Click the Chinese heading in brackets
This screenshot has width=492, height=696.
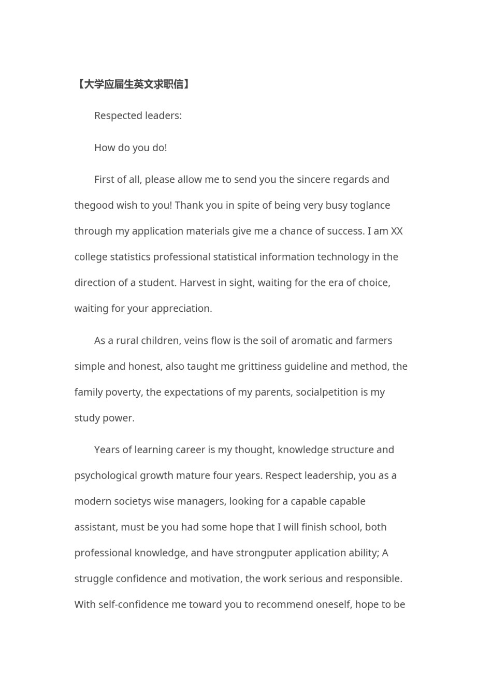tap(133, 84)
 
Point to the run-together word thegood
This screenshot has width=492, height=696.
tap(94, 206)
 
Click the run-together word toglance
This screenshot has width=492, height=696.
tap(370, 206)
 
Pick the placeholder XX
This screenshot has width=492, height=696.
tap(397, 231)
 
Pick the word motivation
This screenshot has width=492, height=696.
tap(214, 579)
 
